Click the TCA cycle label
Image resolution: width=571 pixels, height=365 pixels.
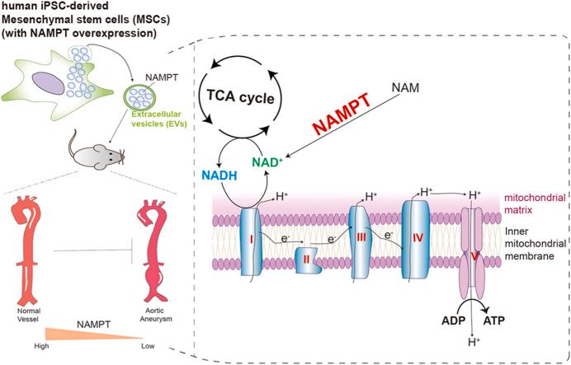click(262, 94)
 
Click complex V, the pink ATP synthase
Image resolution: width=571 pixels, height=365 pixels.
click(474, 257)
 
